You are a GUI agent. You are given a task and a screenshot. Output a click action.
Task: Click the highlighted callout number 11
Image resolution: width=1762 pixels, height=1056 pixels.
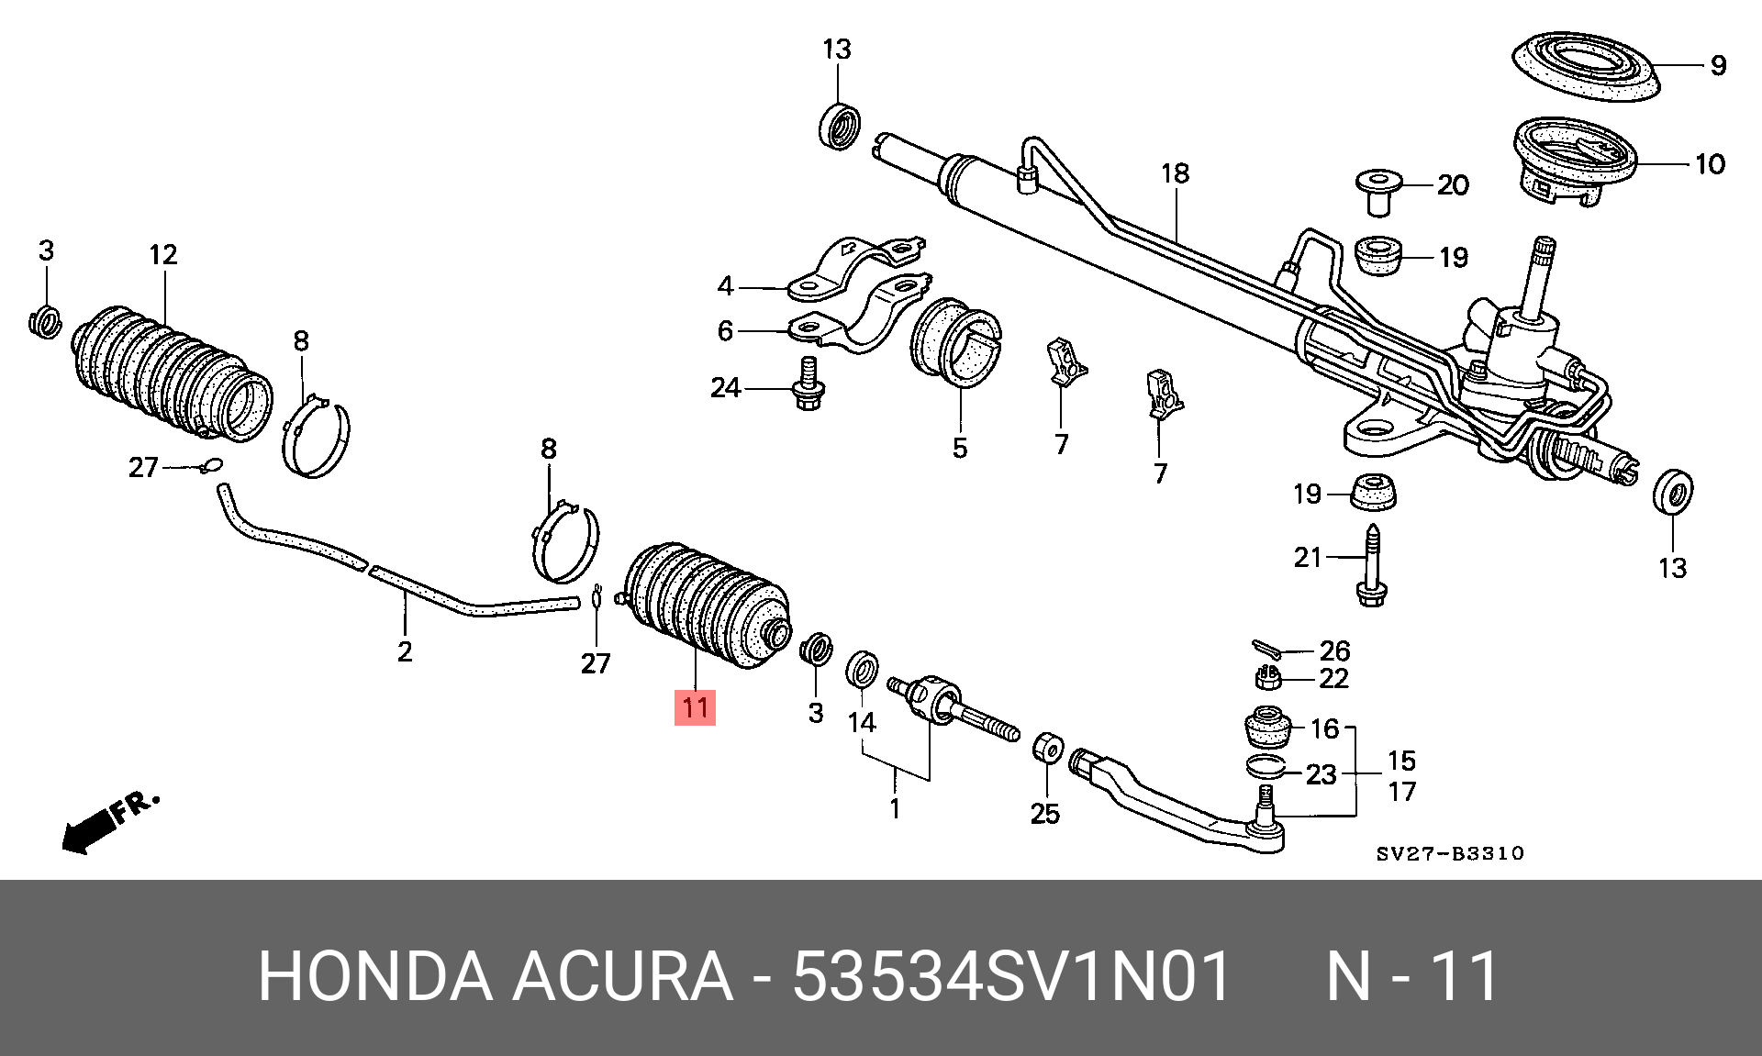point(695,707)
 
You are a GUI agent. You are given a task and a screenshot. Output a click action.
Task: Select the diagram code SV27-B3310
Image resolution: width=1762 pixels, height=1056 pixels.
point(1449,853)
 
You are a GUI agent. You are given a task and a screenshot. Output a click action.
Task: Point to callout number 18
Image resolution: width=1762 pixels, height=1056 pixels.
point(1175,173)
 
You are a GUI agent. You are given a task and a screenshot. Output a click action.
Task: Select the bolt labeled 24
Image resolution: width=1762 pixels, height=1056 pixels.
point(808,389)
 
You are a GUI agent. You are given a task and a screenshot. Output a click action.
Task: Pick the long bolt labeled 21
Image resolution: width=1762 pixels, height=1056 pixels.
point(1371,566)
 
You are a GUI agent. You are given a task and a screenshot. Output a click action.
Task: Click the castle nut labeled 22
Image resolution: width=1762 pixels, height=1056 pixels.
point(1267,678)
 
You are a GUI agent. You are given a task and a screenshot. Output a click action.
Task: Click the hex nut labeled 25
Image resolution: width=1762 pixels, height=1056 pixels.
point(1047,748)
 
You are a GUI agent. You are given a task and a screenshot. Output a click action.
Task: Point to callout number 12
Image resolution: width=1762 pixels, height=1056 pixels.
point(163,254)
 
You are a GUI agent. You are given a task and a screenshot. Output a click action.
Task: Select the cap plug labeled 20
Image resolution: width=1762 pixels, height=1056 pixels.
point(1378,190)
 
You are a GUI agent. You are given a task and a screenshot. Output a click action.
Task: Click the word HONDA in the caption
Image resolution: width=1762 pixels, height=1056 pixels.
point(374,976)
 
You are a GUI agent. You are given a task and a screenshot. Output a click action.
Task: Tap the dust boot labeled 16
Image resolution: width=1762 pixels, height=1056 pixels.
point(1267,725)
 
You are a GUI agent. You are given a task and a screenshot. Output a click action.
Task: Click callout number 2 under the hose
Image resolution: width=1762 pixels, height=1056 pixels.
point(405,651)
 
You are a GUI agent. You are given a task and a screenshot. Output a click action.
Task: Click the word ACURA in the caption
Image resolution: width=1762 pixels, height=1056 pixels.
point(622,976)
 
